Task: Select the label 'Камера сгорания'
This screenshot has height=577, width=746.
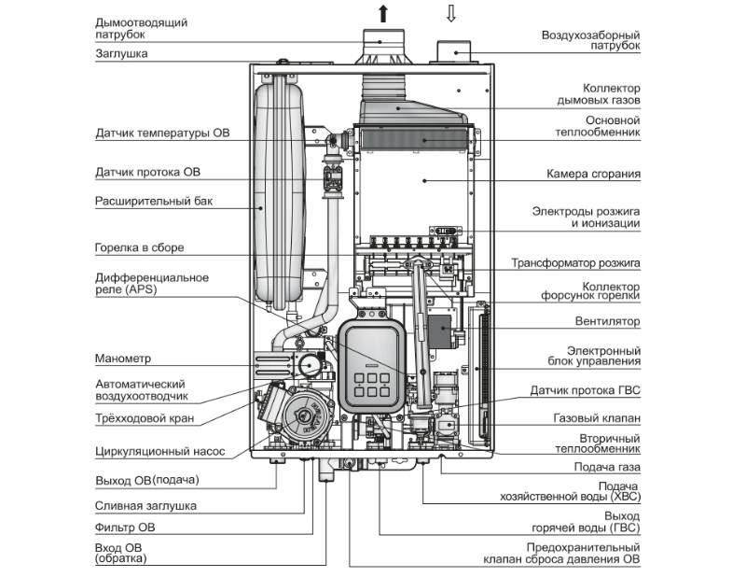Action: coord(593,175)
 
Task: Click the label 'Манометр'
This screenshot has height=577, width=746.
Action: coord(123,359)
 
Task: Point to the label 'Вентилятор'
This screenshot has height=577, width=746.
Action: coord(607,321)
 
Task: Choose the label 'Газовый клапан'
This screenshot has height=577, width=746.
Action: coord(597,419)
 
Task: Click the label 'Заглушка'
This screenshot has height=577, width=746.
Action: coord(121,54)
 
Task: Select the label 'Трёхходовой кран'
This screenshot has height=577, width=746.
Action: coord(145,419)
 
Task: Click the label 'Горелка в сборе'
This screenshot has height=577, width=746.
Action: coord(140,248)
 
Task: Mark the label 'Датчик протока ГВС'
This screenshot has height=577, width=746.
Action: coord(584,389)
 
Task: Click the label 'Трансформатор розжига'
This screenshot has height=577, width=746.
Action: coord(575,263)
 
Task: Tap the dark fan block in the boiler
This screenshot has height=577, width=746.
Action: coord(447,330)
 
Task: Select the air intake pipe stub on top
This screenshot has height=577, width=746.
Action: coord(454,50)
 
